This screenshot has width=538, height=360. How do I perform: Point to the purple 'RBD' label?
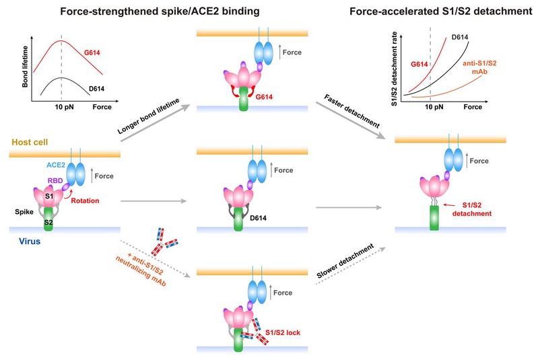[x=53, y=181]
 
